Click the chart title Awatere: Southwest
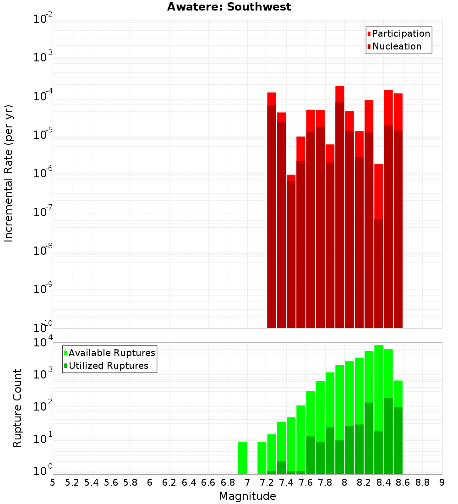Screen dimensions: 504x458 229,7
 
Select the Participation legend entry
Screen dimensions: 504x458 398,33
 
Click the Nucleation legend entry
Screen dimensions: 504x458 394,46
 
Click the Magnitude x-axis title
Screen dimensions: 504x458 247,496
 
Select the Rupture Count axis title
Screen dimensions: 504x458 17,408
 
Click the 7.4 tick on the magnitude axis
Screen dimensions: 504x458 286,482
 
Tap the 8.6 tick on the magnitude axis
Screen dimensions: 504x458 403,482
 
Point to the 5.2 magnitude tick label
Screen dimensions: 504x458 72,482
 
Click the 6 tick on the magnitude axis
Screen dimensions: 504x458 150,482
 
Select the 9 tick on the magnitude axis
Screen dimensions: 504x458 442,482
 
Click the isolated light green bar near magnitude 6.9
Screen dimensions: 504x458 242,458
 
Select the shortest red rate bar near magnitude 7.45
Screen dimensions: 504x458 291,252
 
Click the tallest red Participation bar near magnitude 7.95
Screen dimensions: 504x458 340,93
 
